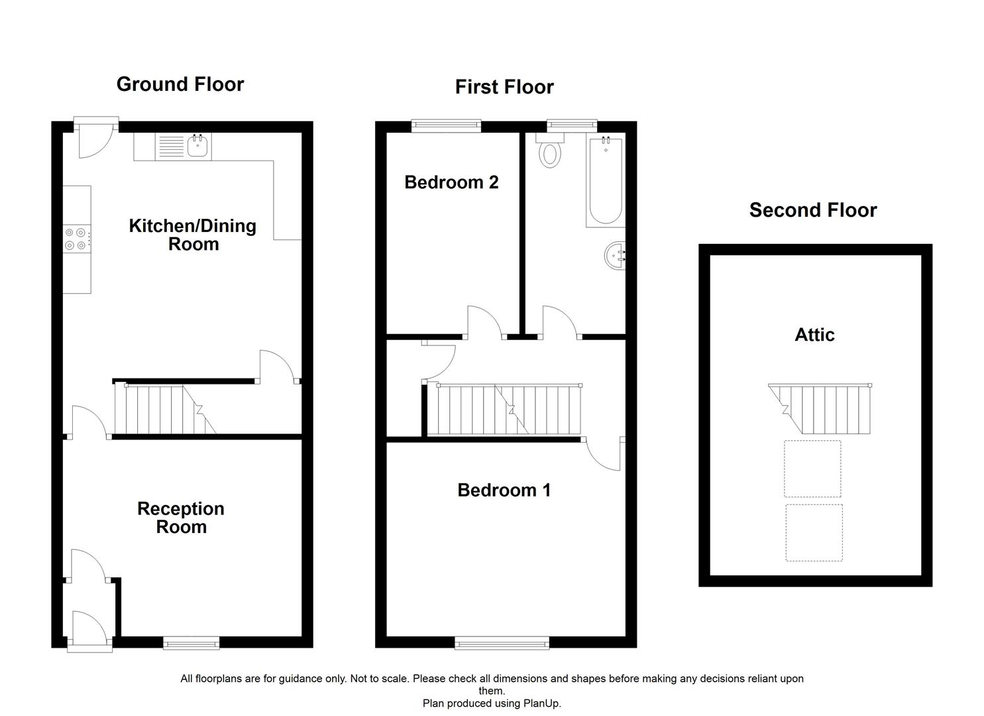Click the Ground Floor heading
pyautogui.click(x=180, y=84)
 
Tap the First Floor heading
pyautogui.click(x=504, y=87)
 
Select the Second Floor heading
pyautogui.click(x=813, y=209)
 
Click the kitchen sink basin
pyautogui.click(x=197, y=145)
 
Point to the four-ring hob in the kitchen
pyautogui.click(x=77, y=239)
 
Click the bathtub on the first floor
pyautogui.click(x=606, y=180)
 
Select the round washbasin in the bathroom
pyautogui.click(x=615, y=255)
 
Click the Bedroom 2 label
pyautogui.click(x=452, y=182)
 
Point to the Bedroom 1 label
pyautogui.click(x=504, y=490)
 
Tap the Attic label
pyautogui.click(x=814, y=335)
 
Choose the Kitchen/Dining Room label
pyautogui.click(x=193, y=235)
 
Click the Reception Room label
pyautogui.click(x=181, y=517)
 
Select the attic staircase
pyautogui.click(x=820, y=409)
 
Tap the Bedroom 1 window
pyautogui.click(x=502, y=644)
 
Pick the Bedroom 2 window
pyautogui.click(x=447, y=126)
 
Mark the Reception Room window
pyautogui.click(x=191, y=644)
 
